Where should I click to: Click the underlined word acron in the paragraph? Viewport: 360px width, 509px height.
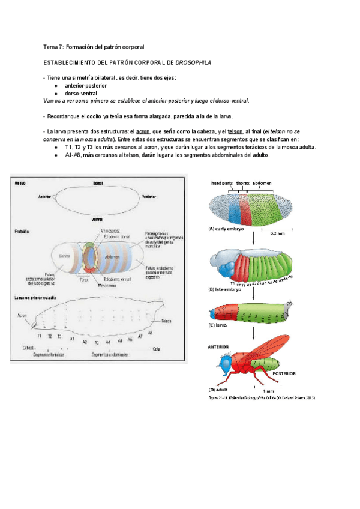[x=143, y=131]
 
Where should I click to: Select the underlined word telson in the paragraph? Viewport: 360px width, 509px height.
[x=236, y=131]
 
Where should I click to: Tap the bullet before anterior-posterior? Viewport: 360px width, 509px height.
[x=55, y=86]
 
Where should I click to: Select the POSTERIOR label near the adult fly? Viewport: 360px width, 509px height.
[x=284, y=373]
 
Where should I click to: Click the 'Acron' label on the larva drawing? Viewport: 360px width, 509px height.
[x=22, y=314]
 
